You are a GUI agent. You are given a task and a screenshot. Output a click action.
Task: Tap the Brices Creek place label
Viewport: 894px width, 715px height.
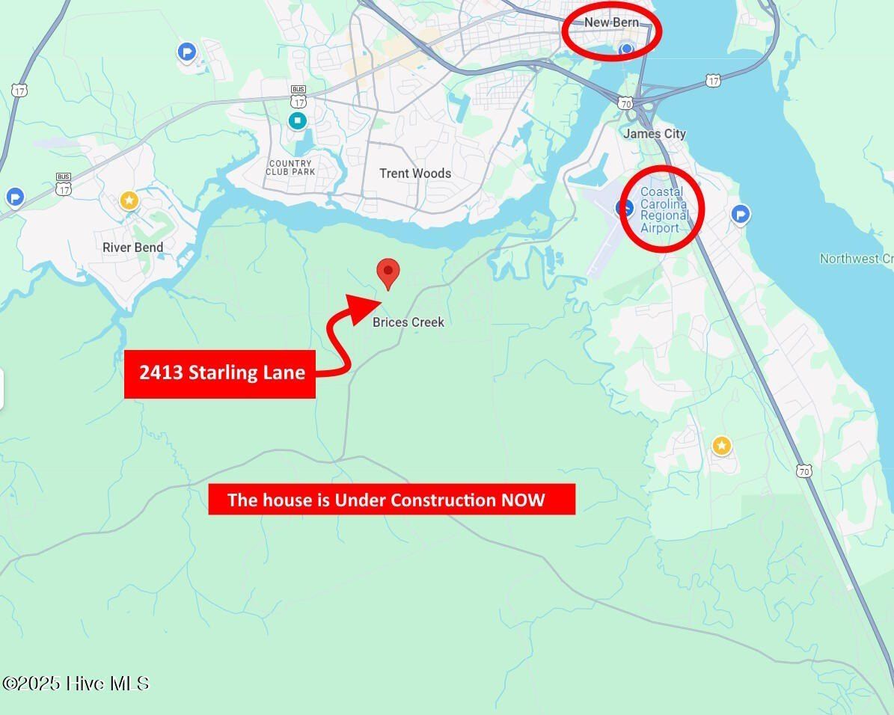pos(408,322)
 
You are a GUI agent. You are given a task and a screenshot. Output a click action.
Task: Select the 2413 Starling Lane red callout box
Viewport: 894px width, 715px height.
pos(220,373)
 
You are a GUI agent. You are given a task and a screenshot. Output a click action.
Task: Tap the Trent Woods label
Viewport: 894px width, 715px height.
pos(415,174)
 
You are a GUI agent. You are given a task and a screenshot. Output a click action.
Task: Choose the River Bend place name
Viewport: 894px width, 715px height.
pos(132,248)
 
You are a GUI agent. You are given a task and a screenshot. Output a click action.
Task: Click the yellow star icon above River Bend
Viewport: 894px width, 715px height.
pos(129,200)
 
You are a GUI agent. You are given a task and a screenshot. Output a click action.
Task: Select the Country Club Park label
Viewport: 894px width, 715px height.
pos(290,168)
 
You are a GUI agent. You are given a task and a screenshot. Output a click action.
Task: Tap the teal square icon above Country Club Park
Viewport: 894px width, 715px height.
pos(298,120)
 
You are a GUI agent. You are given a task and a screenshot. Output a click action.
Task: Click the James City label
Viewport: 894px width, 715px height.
pos(655,134)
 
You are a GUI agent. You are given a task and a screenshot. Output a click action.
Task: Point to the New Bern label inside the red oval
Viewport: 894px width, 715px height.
pos(611,22)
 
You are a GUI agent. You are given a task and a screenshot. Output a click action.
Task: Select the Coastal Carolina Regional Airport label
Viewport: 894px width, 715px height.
pos(664,210)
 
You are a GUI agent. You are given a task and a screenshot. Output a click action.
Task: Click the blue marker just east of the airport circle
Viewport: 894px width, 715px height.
pos(740,215)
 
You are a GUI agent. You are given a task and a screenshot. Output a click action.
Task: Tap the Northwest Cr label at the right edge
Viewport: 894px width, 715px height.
pos(856,259)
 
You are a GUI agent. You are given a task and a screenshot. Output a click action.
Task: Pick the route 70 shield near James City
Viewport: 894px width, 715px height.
pos(625,103)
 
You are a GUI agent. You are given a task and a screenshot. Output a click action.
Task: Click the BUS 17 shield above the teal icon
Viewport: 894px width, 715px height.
pos(298,96)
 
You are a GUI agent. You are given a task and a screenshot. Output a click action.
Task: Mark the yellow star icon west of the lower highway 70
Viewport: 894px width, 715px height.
pos(721,447)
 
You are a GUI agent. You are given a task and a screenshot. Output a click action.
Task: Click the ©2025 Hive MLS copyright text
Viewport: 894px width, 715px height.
pos(76,684)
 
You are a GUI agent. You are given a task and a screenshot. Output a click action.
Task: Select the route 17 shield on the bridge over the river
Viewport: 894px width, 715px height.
pos(714,80)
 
